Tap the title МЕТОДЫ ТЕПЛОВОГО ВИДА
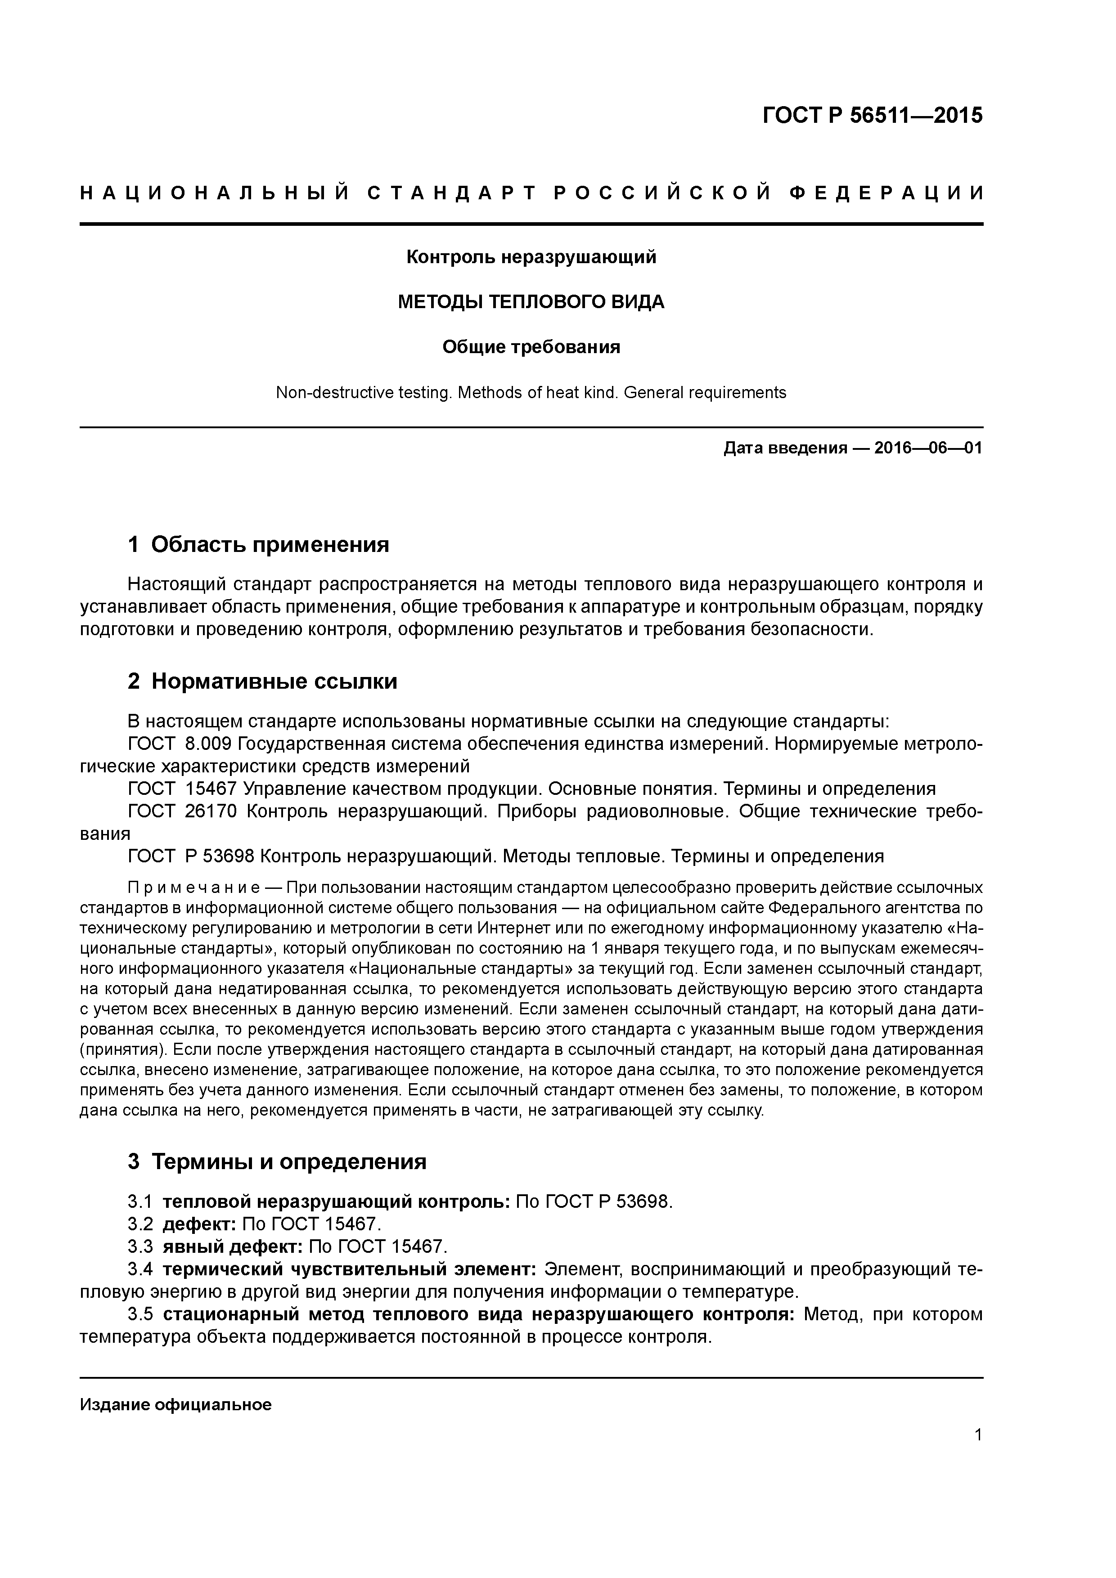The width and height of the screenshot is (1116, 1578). coord(531,302)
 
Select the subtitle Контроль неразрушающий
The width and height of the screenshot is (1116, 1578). coord(531,257)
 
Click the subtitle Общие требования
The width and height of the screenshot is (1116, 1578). coord(531,347)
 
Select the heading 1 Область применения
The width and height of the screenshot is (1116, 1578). coord(259,545)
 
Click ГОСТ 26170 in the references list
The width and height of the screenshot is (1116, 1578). coord(182,811)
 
